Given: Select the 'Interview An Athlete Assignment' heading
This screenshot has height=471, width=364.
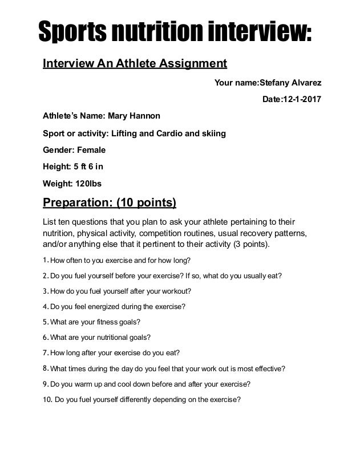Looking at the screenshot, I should tap(135, 63).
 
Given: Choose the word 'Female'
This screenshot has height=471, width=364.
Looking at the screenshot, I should tap(90, 151).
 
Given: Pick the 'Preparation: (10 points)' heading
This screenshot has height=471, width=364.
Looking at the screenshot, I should tap(110, 204).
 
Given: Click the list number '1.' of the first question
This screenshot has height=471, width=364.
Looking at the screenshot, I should tap(46, 261).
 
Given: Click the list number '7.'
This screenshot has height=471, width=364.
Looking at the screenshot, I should tap(46, 351).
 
